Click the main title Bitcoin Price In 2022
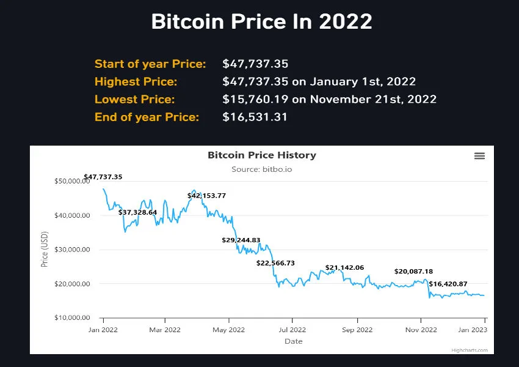261,22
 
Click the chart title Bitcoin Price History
262,155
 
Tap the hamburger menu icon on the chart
479,156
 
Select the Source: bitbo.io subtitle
262,169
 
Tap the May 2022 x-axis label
228,330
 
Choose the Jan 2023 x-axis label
473,330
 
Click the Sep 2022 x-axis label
357,330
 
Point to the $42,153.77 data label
206,196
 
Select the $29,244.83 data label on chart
241,240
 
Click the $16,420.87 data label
448,284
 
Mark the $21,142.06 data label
344,268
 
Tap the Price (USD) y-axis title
44,250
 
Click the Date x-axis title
293,341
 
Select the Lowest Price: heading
134,99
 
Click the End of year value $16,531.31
255,117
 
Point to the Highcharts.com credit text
470,350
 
